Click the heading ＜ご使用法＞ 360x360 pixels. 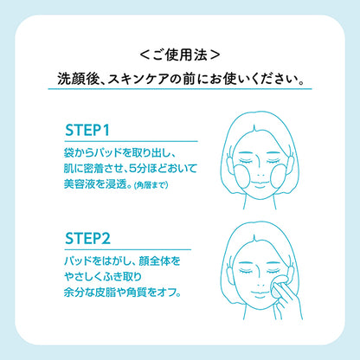(180, 55)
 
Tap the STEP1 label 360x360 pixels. (87, 131)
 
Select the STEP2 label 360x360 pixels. (87, 239)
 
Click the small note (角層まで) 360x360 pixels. (151, 185)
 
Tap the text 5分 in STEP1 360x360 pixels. (138, 169)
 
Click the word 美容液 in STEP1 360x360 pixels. (80, 183)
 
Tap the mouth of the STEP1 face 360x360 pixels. (260, 184)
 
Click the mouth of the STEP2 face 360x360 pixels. (260, 294)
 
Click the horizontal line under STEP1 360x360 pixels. (132, 141)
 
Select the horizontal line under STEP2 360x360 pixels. (128, 249)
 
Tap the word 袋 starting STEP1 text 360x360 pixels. (69, 153)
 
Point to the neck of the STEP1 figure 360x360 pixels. (260, 203)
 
